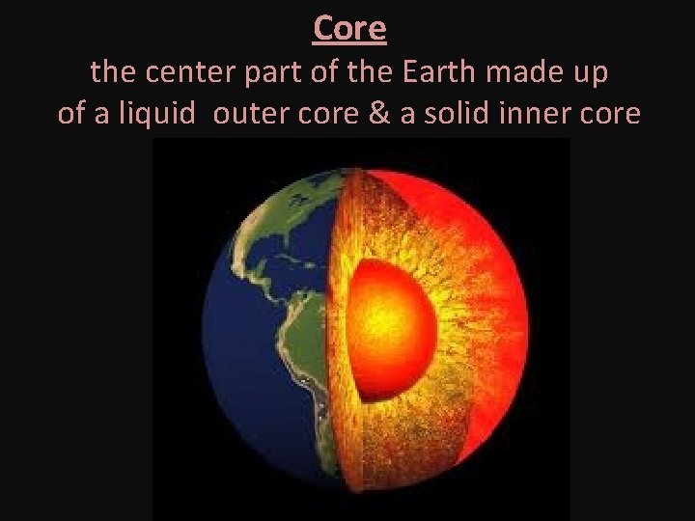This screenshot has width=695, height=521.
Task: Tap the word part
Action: [259, 73]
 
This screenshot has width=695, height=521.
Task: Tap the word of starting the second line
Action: [70, 113]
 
